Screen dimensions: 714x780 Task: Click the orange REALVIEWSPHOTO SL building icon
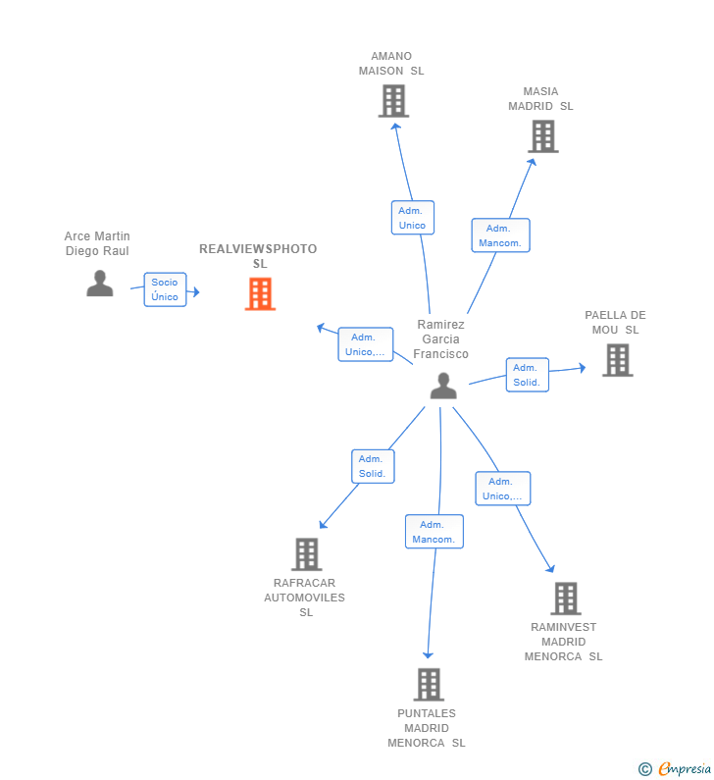(x=260, y=294)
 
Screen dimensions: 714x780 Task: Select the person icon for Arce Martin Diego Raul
(x=100, y=284)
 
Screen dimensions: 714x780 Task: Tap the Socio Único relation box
(x=165, y=289)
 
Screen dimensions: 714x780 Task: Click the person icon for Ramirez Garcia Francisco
(x=443, y=386)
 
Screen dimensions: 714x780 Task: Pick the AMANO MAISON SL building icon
(x=394, y=101)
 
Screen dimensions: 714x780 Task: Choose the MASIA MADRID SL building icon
(x=543, y=136)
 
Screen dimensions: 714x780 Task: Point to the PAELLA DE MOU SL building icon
(x=618, y=360)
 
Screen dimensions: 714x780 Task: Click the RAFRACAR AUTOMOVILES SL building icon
(x=307, y=554)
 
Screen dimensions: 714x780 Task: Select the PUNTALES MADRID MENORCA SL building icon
(x=429, y=685)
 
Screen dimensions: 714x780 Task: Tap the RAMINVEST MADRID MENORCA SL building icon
(x=566, y=598)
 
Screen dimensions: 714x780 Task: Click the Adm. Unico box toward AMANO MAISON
(x=413, y=218)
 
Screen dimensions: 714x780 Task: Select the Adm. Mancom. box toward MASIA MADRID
(x=501, y=235)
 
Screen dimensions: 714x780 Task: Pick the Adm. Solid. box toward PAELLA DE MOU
(x=528, y=375)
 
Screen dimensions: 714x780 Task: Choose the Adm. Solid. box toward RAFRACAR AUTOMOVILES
(x=373, y=466)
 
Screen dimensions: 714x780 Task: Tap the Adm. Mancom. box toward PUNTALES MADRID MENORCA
(x=434, y=532)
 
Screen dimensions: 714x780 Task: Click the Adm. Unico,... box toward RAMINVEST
(x=503, y=489)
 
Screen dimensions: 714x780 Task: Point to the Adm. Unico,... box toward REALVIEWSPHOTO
(x=366, y=344)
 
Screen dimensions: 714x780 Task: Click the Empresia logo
(x=675, y=768)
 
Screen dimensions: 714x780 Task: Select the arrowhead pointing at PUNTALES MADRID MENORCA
(x=428, y=655)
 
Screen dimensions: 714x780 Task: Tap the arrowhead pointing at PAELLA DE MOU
(x=583, y=368)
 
